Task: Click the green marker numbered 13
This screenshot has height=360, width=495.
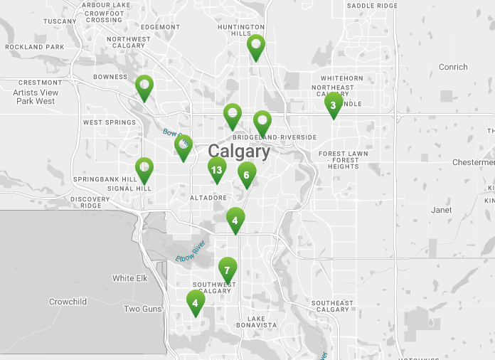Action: click(217, 170)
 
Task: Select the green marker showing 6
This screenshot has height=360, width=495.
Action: click(246, 174)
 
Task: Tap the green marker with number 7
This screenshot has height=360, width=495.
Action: click(227, 270)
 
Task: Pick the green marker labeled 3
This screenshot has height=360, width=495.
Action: click(332, 105)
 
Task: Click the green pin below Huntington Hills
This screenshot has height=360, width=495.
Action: click(256, 47)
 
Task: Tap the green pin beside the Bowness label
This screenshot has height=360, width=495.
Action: click(144, 88)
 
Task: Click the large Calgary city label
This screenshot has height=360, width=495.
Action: click(239, 152)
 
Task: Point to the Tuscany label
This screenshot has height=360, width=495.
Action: click(60, 21)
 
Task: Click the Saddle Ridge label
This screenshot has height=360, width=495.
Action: click(372, 6)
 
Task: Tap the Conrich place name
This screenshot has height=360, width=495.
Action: click(453, 67)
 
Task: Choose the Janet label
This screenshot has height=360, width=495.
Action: click(441, 211)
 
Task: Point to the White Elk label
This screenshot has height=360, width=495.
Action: click(129, 278)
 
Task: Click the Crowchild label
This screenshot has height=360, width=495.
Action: click(68, 302)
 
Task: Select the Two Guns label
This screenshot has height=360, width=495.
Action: click(142, 309)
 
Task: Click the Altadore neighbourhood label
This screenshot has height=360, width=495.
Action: click(208, 197)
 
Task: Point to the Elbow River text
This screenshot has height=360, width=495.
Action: click(190, 251)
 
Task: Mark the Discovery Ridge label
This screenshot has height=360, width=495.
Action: click(90, 202)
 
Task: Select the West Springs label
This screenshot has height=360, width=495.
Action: click(110, 122)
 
